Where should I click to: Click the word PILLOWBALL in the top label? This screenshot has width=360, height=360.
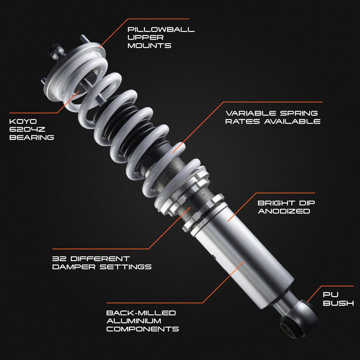[x=161, y=29]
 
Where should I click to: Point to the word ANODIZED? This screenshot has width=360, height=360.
[x=284, y=211]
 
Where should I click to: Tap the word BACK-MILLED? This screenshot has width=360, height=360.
[x=141, y=313]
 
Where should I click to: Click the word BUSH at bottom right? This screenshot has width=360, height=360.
[x=338, y=303]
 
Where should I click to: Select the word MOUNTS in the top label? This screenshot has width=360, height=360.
[x=149, y=45]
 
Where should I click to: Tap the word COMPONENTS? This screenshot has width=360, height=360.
[x=142, y=329]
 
